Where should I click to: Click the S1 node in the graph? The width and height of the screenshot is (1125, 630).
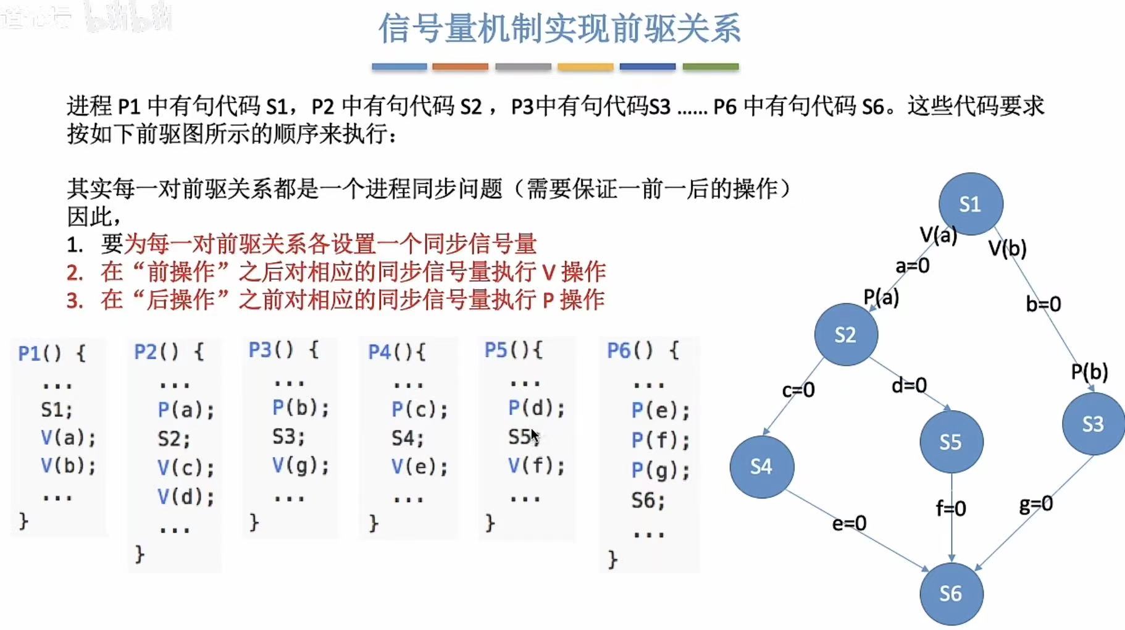[x=970, y=204]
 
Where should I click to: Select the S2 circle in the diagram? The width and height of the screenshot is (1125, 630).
[x=845, y=334]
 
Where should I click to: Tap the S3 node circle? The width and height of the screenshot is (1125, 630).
[x=1092, y=424]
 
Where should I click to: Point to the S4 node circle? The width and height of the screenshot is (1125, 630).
[x=761, y=466]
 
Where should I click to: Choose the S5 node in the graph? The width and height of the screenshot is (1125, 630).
[x=950, y=442]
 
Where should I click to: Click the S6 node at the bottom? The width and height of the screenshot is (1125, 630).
[x=950, y=594]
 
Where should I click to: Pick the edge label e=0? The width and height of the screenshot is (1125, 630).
[x=849, y=523]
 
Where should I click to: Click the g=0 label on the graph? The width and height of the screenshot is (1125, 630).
[x=1035, y=505]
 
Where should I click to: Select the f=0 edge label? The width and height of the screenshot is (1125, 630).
[x=950, y=508]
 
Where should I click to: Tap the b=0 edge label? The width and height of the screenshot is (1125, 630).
[x=1043, y=304]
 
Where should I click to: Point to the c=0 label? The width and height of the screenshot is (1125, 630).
[x=798, y=390]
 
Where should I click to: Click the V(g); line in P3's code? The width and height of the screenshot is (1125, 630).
[x=301, y=465]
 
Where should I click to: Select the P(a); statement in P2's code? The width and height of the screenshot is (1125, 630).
[x=186, y=409]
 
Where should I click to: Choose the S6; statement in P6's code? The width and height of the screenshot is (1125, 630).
[x=648, y=500]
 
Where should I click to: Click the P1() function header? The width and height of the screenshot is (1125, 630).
[x=52, y=353]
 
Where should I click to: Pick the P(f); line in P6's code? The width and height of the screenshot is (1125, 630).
[x=660, y=440]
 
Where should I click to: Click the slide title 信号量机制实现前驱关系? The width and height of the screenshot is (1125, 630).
[x=559, y=28]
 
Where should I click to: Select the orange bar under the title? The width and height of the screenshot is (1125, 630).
[x=460, y=67]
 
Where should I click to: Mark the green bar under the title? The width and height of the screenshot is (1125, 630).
[x=710, y=67]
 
